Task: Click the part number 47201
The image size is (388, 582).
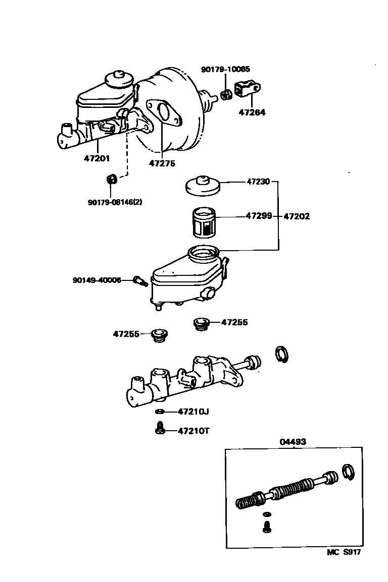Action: point(97,158)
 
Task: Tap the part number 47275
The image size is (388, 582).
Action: point(162,163)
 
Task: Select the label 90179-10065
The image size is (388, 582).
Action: point(225,70)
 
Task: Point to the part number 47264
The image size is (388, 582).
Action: point(252,112)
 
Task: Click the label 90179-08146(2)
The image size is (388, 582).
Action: point(115,202)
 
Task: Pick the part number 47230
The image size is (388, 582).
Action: point(259,181)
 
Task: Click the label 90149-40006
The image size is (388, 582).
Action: point(97,279)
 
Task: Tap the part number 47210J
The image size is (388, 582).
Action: point(193,412)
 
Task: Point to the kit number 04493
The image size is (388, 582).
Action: point(293,442)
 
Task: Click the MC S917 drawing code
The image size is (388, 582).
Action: point(344,552)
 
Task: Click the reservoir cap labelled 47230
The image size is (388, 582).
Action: point(202,186)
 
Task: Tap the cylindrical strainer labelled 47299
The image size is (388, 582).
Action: point(206,222)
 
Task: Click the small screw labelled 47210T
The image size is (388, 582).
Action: point(160,429)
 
